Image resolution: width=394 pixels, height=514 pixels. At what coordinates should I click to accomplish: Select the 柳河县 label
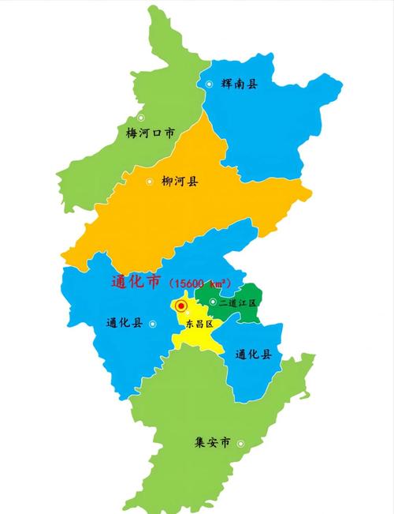coord(180,182)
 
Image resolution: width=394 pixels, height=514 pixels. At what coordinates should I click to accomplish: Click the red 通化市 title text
coord(136,282)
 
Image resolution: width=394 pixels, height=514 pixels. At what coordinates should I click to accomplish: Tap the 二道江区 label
coord(237,302)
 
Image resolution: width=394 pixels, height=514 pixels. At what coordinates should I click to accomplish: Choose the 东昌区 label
coord(199,324)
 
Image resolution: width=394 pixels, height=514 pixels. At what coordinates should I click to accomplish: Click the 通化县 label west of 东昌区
coord(124,322)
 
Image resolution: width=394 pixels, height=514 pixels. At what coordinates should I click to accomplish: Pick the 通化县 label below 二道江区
coord(254,355)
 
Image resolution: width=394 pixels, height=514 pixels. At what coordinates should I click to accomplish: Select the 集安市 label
coord(212,443)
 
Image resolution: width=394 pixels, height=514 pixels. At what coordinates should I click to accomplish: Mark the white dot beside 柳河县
coord(149,182)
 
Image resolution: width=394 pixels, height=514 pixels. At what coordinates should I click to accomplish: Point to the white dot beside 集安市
coord(240,443)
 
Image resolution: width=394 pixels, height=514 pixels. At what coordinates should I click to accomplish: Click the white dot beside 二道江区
coord(213,302)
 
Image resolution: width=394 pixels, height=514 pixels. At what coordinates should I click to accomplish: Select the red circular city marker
coord(181,305)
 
